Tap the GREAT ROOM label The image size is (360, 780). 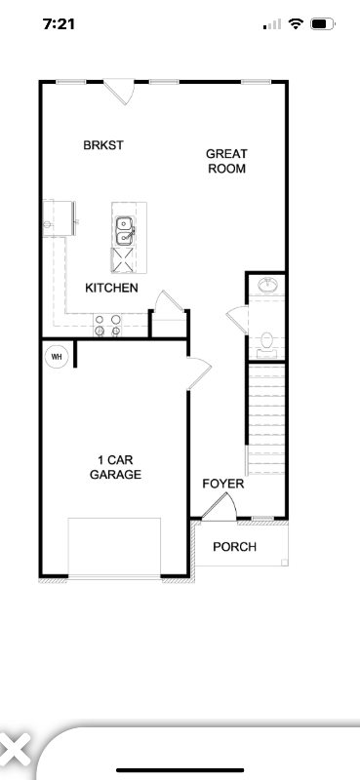[x=225, y=161]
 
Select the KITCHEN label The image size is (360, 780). [x=111, y=288]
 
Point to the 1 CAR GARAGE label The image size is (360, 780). [x=116, y=467]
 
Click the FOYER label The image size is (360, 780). [x=222, y=484]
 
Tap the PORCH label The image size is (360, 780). [x=234, y=547]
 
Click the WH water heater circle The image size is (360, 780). [x=57, y=356]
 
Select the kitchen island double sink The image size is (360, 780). [x=125, y=230]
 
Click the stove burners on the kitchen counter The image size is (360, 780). [x=107, y=325]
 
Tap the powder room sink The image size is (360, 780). [x=265, y=285]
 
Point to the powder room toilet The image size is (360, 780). [x=266, y=341]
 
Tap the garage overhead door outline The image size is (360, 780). [x=114, y=547]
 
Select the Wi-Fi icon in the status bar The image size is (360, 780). [x=296, y=23]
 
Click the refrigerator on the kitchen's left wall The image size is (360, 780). [x=58, y=216]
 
